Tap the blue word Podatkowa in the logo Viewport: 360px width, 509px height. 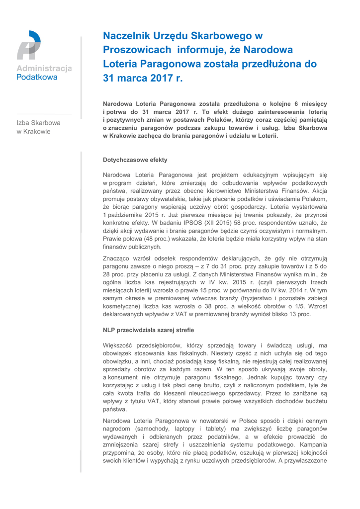tap(37, 78)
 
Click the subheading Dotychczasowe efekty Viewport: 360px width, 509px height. tap(135, 160)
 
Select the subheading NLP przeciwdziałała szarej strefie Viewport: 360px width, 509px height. tap(148, 330)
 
